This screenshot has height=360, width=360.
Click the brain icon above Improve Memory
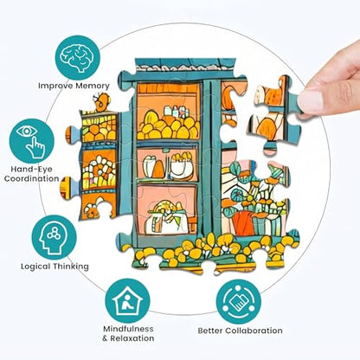[78, 57]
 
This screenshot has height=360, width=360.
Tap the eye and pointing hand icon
[31, 141]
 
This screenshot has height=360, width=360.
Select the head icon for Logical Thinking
[54, 237]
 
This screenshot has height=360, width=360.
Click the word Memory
[93, 86]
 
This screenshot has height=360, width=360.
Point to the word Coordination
[31, 178]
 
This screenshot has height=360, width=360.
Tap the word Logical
[35, 267]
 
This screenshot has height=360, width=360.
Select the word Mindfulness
[128, 329]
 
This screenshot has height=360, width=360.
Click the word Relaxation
[132, 338]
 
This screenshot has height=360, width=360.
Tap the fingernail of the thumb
[310, 101]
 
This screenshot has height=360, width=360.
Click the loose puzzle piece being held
[274, 114]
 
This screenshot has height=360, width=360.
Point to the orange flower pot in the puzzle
[243, 223]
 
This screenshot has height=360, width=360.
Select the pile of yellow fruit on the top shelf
[168, 126]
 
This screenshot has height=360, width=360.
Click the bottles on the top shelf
[176, 112]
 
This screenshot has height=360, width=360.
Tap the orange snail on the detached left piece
[101, 101]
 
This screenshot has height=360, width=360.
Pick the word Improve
[56, 86]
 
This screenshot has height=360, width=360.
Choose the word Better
[210, 331]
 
